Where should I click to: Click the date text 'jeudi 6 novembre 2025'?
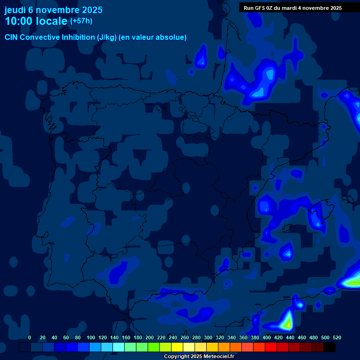53,10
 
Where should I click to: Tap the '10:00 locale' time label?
36,21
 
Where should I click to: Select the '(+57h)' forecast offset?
81,21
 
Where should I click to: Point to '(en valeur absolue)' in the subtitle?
153,37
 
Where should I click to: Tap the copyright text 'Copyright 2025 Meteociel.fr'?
199,356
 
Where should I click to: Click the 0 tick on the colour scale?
30,337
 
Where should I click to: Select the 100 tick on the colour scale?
90,337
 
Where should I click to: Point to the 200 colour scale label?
150,337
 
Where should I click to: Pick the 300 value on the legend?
208,337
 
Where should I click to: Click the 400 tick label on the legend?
267,337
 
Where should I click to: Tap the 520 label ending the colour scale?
337,337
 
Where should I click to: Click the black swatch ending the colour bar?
330,347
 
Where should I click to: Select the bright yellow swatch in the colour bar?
177,347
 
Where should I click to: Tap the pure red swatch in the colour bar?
271,347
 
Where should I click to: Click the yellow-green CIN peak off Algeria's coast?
286,322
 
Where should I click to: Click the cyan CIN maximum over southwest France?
269,75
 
